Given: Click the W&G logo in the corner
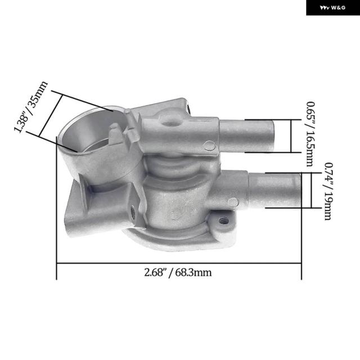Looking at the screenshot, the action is [x=332, y=8].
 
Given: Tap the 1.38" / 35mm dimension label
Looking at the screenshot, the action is [x=31, y=107].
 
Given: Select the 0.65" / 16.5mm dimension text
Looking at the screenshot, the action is [x=310, y=134].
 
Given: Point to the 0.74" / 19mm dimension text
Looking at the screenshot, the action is [x=328, y=191].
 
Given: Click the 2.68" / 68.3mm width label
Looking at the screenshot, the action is [x=178, y=272].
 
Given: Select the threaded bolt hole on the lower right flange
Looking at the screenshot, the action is [x=224, y=221].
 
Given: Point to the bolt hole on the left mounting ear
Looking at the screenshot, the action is [x=133, y=213].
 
